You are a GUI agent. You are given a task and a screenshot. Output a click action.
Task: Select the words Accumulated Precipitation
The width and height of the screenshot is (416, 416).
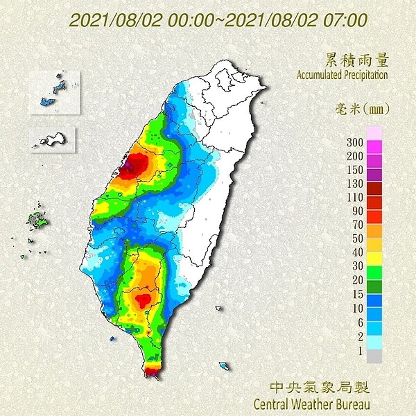tap(342, 73)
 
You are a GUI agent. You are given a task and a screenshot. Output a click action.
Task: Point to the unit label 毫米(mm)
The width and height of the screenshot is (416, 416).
tap(361, 108)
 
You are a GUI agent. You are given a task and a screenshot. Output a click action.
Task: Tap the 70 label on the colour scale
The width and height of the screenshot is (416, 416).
tap(356, 225)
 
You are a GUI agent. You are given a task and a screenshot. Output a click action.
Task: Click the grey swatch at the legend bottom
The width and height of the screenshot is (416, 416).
tap(374, 356)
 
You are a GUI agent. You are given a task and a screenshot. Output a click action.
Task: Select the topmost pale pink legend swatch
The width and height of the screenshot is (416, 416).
tap(374, 132)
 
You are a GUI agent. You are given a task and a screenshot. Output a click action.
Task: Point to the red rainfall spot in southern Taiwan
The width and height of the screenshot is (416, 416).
tap(144, 299)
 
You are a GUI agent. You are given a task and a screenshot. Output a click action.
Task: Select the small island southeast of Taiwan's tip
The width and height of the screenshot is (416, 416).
tap(223, 365)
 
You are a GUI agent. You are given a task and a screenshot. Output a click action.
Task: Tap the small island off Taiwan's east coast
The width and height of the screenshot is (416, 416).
tap(219, 308)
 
